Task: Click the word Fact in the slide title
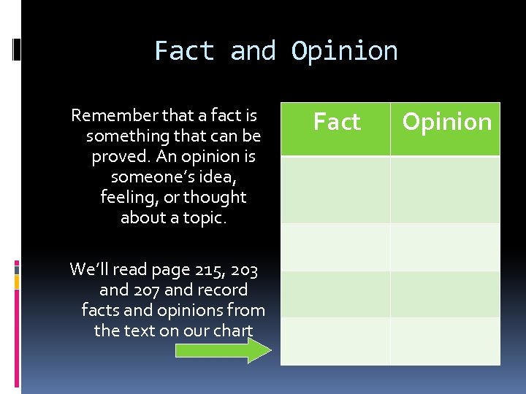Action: tap(185, 51)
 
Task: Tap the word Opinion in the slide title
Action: tap(344, 51)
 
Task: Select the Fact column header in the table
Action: tap(336, 122)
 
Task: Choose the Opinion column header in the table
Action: tap(446, 122)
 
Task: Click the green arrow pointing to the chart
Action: tap(224, 350)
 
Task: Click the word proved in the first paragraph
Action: tap(117, 156)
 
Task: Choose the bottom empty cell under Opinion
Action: tap(445, 341)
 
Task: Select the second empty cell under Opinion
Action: tap(445, 247)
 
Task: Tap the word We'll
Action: tap(89, 270)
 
